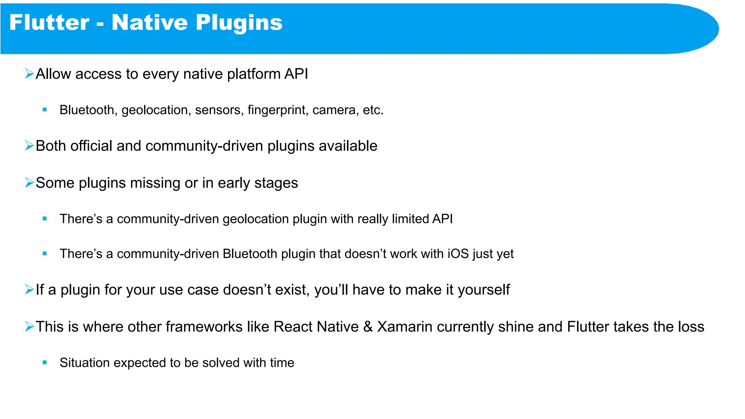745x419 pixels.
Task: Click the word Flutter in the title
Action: pos(49,23)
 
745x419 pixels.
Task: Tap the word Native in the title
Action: pos(150,23)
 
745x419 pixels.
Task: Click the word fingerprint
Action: pos(276,110)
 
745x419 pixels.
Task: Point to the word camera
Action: pos(334,110)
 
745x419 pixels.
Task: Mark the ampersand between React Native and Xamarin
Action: pos(368,327)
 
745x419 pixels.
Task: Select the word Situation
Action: pos(85,363)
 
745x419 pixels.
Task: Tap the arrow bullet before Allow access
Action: pos(29,74)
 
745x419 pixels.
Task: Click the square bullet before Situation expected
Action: pos(45,362)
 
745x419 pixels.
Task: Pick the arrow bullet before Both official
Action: pos(29,146)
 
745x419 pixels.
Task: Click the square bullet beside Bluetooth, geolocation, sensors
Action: pos(45,109)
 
